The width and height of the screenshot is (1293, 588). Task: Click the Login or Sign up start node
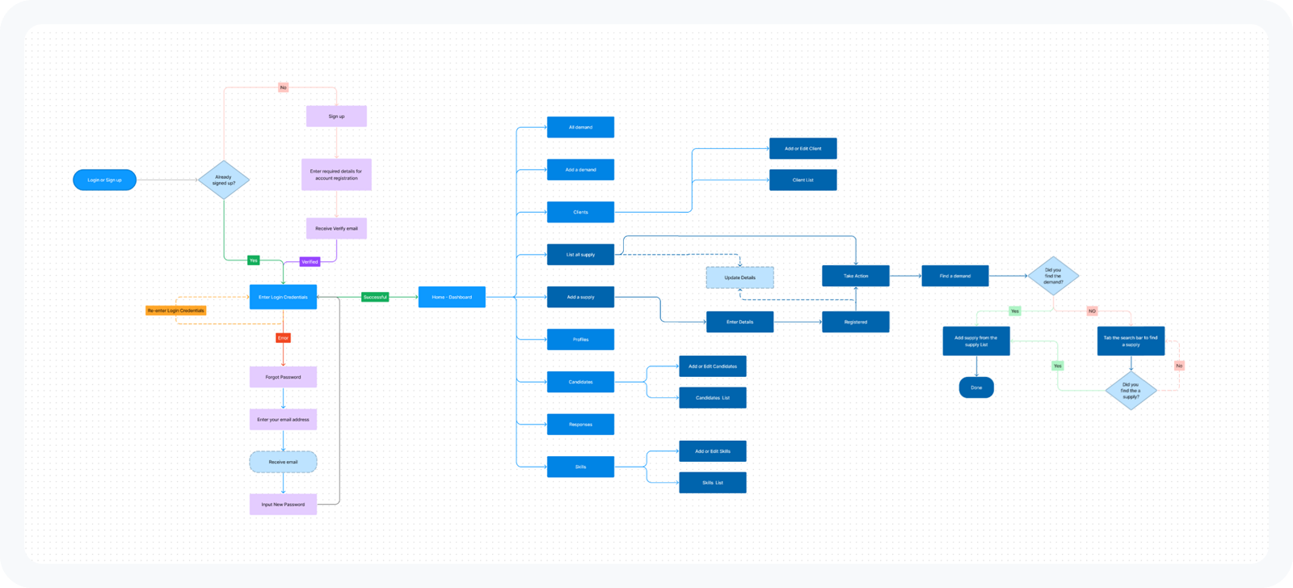(104, 180)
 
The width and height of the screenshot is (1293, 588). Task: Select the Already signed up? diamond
(224, 180)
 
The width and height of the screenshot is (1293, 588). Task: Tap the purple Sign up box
(336, 116)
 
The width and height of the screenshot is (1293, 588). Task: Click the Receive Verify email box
(336, 228)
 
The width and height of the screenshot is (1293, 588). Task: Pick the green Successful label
(375, 297)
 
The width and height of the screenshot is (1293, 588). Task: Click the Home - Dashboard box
(452, 297)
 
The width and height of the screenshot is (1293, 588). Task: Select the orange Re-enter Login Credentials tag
(176, 311)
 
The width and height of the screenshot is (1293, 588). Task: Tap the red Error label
(283, 338)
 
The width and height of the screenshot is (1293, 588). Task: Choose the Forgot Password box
(283, 377)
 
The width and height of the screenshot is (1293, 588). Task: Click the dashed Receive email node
(283, 462)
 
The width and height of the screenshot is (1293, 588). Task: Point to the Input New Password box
(283, 504)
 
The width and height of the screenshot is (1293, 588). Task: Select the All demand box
(580, 127)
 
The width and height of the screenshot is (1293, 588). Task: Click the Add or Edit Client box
(802, 148)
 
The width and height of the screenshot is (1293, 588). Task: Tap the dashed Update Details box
(739, 277)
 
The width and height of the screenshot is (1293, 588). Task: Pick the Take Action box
(856, 276)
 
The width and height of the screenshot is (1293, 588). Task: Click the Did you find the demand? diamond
(1053, 276)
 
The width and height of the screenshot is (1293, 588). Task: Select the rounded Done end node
(976, 387)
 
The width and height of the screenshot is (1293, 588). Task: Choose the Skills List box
(712, 482)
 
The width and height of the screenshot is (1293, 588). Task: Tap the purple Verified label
(310, 261)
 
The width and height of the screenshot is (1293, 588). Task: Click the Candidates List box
(712, 397)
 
